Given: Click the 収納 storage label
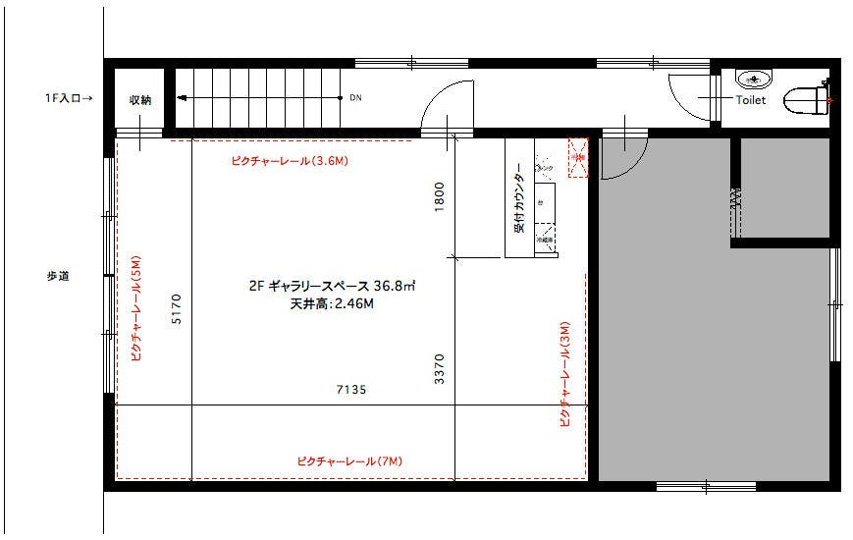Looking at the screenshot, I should click(x=139, y=100).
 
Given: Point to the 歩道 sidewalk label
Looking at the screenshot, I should click(x=57, y=277).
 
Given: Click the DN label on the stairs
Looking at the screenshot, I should click(x=354, y=98).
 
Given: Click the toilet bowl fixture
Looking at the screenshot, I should click(x=808, y=100).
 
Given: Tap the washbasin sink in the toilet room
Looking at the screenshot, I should click(x=753, y=78).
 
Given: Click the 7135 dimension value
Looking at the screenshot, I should click(x=350, y=390).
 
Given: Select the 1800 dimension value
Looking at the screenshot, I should click(x=440, y=197).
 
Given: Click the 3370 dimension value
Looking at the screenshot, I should click(x=440, y=369).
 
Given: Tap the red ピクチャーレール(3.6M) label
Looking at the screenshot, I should click(x=290, y=160).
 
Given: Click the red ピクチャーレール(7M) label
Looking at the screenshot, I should click(x=349, y=461).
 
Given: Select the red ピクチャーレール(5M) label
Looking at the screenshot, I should click(x=136, y=309).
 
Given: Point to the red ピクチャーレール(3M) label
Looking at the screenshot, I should click(x=564, y=374).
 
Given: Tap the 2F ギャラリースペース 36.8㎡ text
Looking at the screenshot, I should click(x=332, y=287).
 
